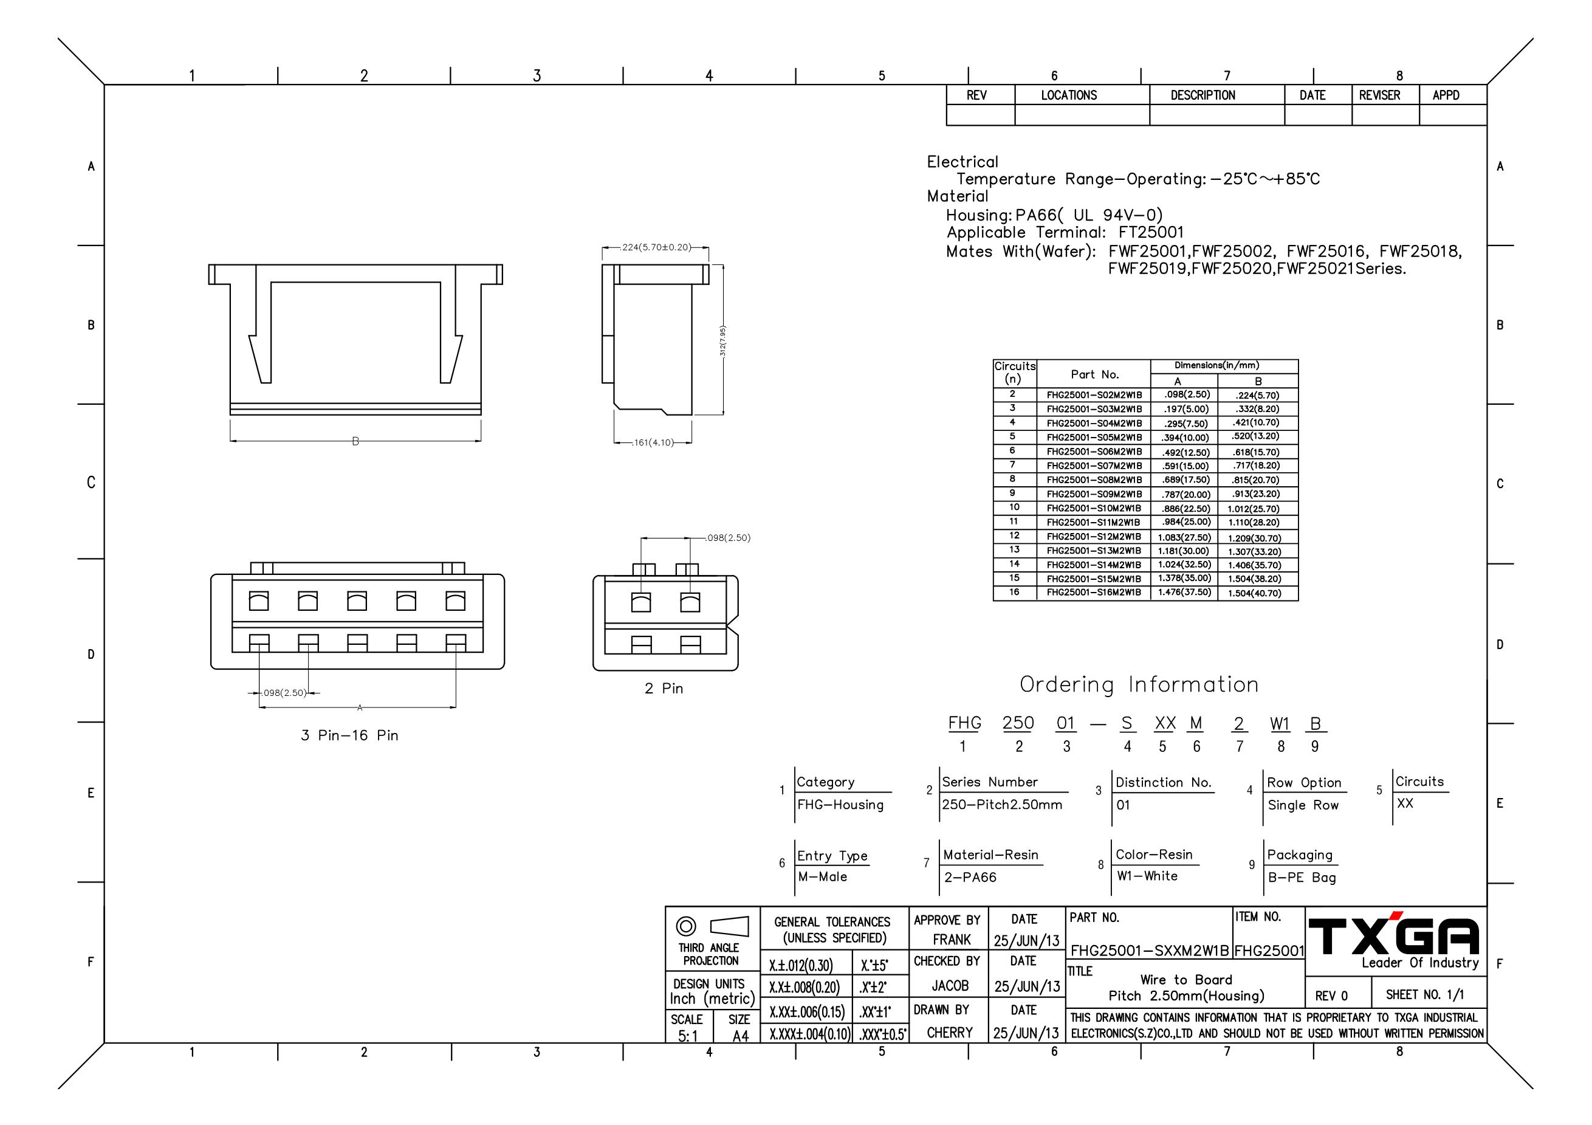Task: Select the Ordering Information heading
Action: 1139,684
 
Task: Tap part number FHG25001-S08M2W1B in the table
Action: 1094,480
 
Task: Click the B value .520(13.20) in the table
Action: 1255,437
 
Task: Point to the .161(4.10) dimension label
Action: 653,442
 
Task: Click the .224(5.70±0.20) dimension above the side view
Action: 656,247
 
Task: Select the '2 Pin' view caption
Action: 664,688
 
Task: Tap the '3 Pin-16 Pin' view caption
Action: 349,735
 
